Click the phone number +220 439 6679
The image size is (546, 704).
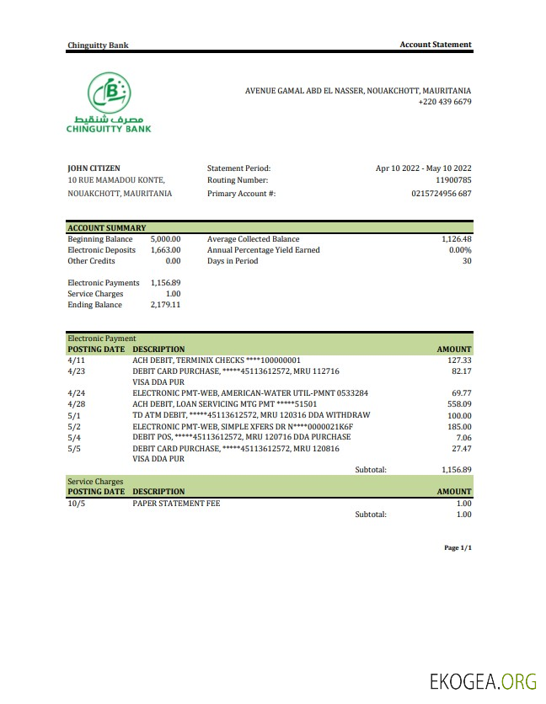444,102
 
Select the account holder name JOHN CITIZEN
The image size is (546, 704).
94,168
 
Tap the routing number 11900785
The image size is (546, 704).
453,180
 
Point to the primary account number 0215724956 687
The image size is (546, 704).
441,194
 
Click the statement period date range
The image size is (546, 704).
423,168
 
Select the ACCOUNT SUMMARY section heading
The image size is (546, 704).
107,228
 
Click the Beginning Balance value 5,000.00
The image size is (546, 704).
165,239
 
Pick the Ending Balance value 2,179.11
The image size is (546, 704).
165,305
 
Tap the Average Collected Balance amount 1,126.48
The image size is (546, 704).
456,239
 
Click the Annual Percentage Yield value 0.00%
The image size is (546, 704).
459,250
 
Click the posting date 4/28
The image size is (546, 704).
76,403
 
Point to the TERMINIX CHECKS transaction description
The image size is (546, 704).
217,360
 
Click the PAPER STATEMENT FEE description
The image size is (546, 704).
176,503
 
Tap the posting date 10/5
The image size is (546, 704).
76,503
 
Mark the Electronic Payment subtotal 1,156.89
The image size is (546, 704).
456,470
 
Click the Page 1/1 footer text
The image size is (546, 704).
458,548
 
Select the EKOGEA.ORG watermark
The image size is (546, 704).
483,682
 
